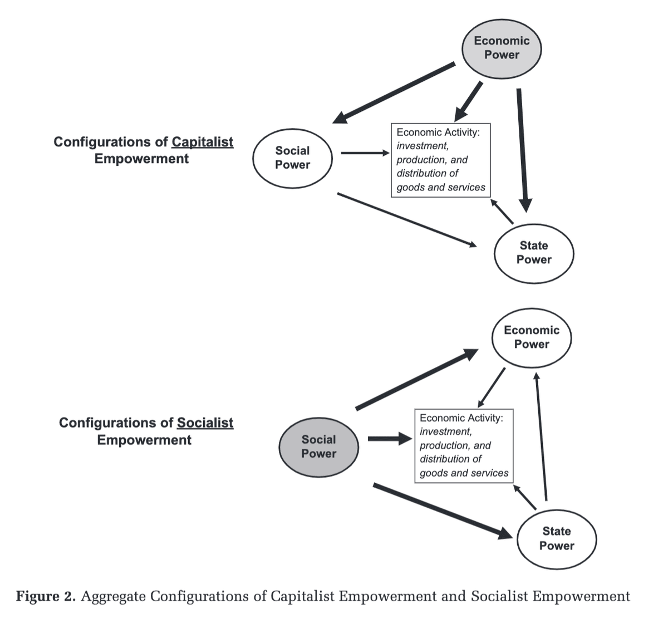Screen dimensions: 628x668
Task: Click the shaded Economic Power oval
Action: click(502, 48)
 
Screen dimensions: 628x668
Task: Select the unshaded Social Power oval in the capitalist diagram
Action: click(292, 158)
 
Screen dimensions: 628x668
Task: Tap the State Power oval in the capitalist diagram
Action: click(534, 253)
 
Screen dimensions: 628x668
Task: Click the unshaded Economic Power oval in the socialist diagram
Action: click(532, 337)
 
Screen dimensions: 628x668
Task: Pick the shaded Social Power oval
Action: click(318, 447)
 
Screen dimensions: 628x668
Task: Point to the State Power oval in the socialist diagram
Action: click(557, 539)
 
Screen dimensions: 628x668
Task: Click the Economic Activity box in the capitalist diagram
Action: click(441, 160)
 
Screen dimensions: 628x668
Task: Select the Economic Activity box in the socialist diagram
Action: click(464, 445)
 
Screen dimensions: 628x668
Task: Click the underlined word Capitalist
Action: click(202, 142)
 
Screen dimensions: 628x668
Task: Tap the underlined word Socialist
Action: click(205, 423)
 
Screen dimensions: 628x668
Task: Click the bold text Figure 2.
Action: click(45, 597)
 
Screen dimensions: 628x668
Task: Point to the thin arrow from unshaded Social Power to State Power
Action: click(406, 219)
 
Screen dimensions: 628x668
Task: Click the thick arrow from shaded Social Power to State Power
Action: click(443, 511)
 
